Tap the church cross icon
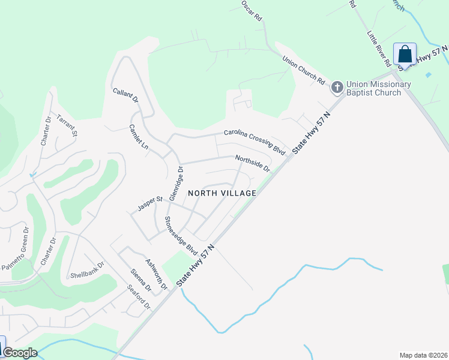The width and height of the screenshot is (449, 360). tap(337, 88)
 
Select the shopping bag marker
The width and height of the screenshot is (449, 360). tap(405, 55)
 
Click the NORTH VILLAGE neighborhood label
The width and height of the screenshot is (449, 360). tap(222, 193)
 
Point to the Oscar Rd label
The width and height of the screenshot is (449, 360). tap(252, 11)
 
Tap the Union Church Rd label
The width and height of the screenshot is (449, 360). tap(304, 70)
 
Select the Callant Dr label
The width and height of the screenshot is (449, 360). tap(125, 95)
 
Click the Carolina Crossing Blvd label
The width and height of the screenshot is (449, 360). tap(255, 141)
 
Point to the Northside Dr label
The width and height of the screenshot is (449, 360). tap(253, 163)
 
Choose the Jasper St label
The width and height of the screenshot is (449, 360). tap(150, 203)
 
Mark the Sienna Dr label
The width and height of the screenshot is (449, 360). tap(141, 280)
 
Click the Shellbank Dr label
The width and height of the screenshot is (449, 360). tap(88, 269)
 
